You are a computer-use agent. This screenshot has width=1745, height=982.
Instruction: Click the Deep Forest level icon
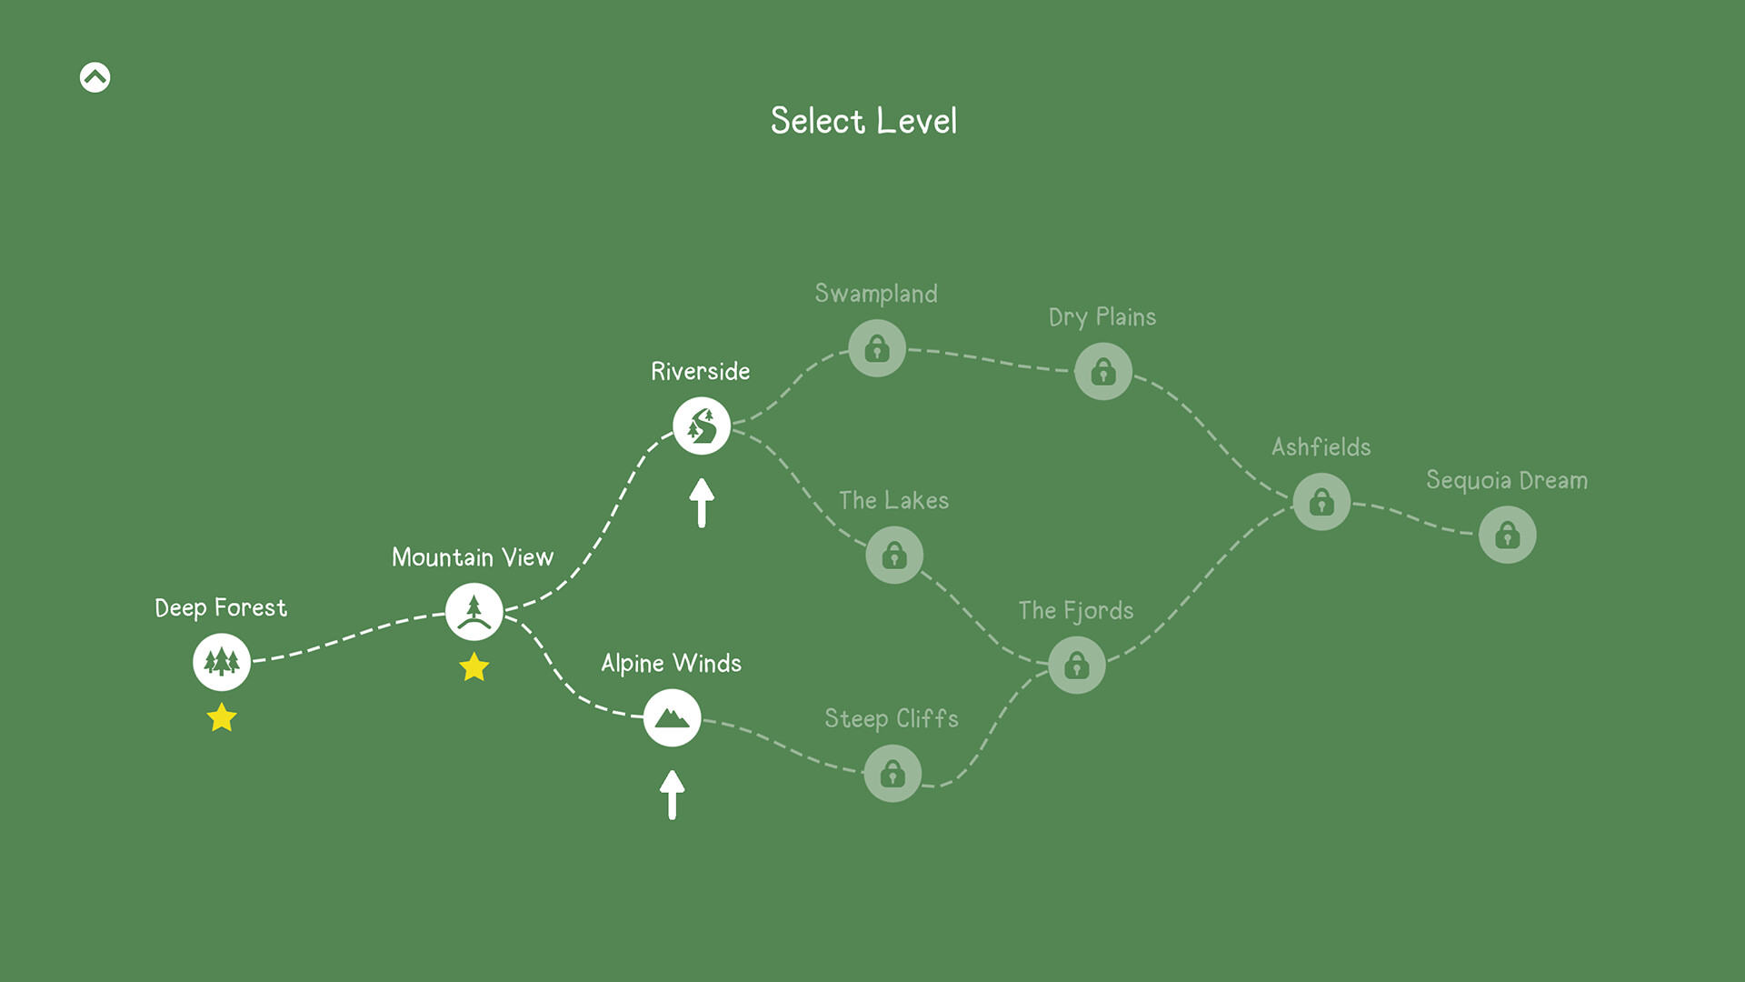point(222,662)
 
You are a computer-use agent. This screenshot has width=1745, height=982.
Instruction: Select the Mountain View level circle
point(474,611)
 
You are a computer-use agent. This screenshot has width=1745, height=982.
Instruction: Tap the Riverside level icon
point(702,426)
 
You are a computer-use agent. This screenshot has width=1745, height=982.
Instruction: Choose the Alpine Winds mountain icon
point(673,717)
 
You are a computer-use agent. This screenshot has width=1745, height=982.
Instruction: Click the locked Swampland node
point(877,347)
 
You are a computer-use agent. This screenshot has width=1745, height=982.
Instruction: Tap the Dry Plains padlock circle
point(1103,371)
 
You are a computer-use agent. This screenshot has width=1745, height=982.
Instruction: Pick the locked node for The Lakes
point(894,555)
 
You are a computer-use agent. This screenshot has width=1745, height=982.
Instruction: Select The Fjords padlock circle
point(1077,665)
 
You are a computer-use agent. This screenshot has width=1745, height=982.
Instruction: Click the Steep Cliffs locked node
point(892,773)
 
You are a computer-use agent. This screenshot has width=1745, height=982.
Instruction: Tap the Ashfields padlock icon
point(1321,501)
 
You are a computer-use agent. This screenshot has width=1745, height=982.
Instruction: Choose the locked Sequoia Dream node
point(1508,535)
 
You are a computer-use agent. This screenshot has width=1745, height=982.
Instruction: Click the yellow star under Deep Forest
point(222,717)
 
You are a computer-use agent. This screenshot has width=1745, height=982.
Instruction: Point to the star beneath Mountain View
point(474,667)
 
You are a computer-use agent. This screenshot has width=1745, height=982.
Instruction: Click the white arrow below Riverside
point(702,503)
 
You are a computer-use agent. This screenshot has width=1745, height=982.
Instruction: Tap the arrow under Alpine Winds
point(673,795)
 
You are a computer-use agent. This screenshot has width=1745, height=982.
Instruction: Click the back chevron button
point(95,77)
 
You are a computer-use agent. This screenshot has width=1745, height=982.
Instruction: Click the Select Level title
point(863,121)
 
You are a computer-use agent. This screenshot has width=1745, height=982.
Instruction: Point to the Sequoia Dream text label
point(1507,480)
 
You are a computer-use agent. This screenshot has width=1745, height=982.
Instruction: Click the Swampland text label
point(876,294)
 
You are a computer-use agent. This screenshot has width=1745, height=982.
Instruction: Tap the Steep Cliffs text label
point(892,718)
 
